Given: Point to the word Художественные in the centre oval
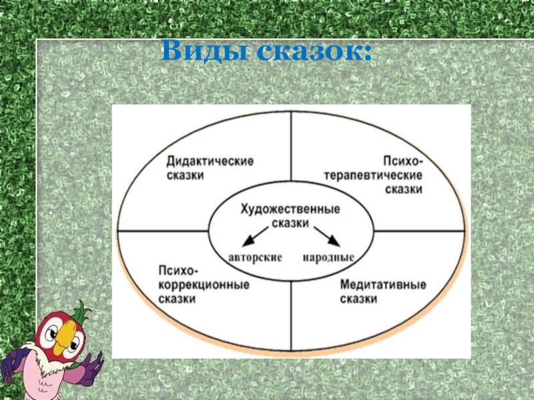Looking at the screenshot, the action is [290, 209].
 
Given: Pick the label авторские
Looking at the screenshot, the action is [256, 257].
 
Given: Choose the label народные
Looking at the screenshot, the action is [328, 257].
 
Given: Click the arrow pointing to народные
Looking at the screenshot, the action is [327, 237].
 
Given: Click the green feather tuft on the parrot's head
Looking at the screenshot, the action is [82, 311].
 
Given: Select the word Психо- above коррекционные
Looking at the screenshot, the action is [178, 271].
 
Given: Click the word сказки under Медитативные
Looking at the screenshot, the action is [358, 299].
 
